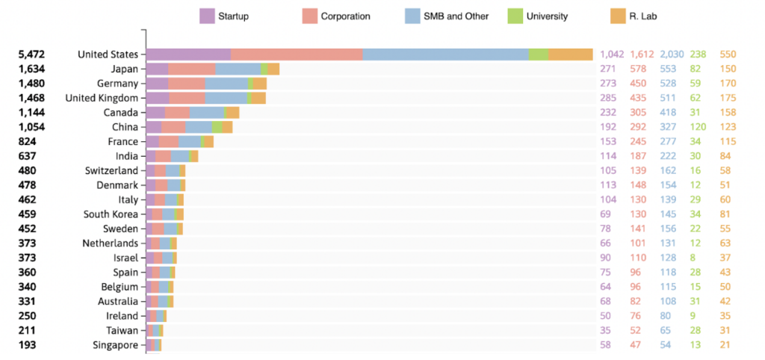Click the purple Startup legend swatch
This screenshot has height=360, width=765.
pyautogui.click(x=207, y=16)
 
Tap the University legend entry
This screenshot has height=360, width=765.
pyautogui.click(x=547, y=16)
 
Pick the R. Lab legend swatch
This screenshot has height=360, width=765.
pyautogui.click(x=617, y=16)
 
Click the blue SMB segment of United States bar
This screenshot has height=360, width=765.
pyautogui.click(x=445, y=55)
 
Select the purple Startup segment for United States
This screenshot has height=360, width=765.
pyautogui.click(x=188, y=55)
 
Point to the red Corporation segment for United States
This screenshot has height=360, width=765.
pyautogui.click(x=297, y=55)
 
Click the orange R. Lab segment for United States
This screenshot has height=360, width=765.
pyautogui.click(x=570, y=55)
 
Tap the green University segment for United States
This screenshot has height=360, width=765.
pyautogui.click(x=538, y=55)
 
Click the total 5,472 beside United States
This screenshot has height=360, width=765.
pyautogui.click(x=33, y=55)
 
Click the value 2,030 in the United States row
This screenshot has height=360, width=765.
pyautogui.click(x=672, y=55)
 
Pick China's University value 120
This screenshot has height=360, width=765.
pyautogui.click(x=699, y=127)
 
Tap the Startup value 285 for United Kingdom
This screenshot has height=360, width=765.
pyautogui.click(x=610, y=98)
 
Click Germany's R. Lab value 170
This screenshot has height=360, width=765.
pyautogui.click(x=727, y=84)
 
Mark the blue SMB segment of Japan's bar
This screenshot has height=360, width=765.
pyautogui.click(x=238, y=69)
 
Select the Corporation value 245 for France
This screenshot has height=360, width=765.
pyautogui.click(x=640, y=142)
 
